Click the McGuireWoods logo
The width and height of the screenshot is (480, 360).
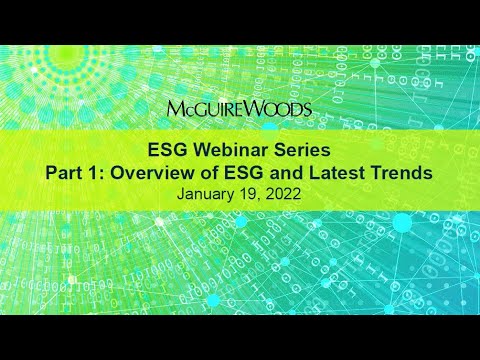[240, 107]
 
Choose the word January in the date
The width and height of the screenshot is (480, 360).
[206, 195]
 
